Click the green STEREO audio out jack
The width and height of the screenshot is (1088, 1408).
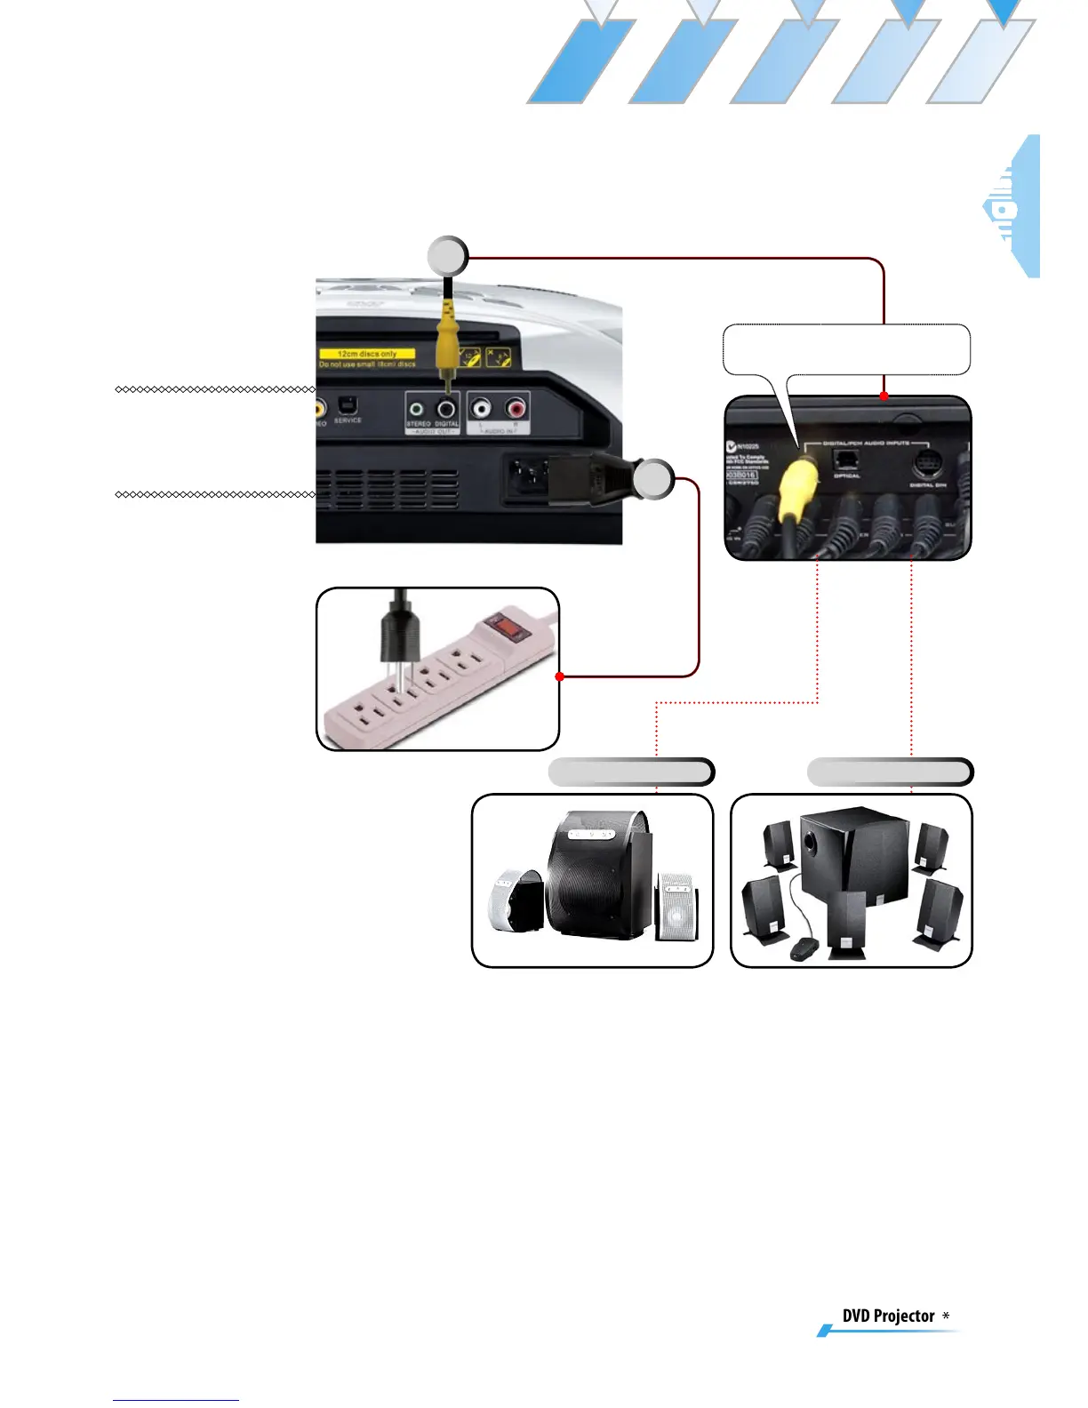[x=417, y=409]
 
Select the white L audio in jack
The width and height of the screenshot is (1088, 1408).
[x=481, y=409]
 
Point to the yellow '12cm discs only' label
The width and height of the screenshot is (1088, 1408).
[x=367, y=354]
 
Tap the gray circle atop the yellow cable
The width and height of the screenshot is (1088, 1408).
[x=448, y=257]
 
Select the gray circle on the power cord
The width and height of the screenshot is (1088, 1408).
[x=653, y=479]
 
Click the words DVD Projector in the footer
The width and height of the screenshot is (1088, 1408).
[x=888, y=1316]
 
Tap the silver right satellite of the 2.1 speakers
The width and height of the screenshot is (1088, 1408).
[x=676, y=908]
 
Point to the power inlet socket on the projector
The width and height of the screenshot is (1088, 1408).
[x=527, y=481]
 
